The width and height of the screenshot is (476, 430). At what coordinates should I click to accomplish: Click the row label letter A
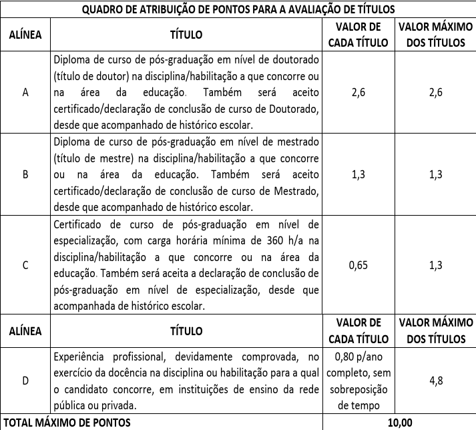coord(25,93)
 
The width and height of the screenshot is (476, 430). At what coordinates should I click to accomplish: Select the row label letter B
coord(25,175)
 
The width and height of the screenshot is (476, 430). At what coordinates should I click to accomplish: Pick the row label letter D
coord(25,381)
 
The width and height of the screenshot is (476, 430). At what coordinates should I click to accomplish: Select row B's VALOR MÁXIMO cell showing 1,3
coord(436,175)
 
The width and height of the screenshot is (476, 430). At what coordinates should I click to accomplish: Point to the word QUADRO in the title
coord(103,9)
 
